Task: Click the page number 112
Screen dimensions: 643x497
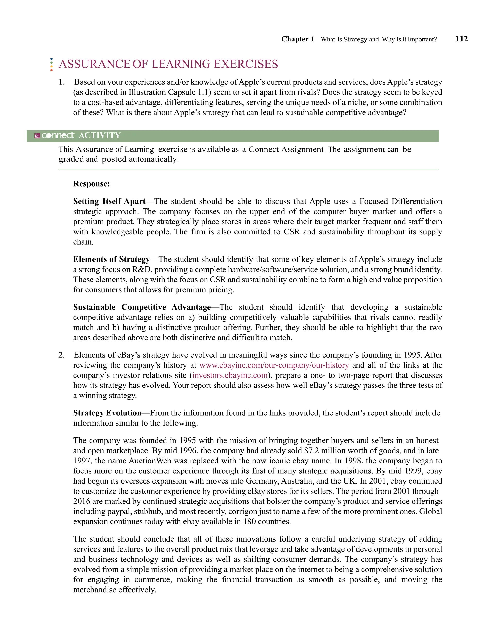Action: [x=461, y=39]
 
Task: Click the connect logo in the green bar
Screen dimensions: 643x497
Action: [x=58, y=135]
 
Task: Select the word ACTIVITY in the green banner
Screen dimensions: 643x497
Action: [x=100, y=135]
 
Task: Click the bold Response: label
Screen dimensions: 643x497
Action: [x=91, y=184]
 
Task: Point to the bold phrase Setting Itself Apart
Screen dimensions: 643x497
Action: [x=109, y=201]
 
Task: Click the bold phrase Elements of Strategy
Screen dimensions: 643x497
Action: [x=111, y=259]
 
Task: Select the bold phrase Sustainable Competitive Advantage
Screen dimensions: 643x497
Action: [x=142, y=307]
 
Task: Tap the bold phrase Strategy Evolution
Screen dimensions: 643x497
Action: [x=107, y=413]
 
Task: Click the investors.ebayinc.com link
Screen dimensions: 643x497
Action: [x=230, y=375]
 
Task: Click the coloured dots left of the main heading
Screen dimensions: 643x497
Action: [x=51, y=64]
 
